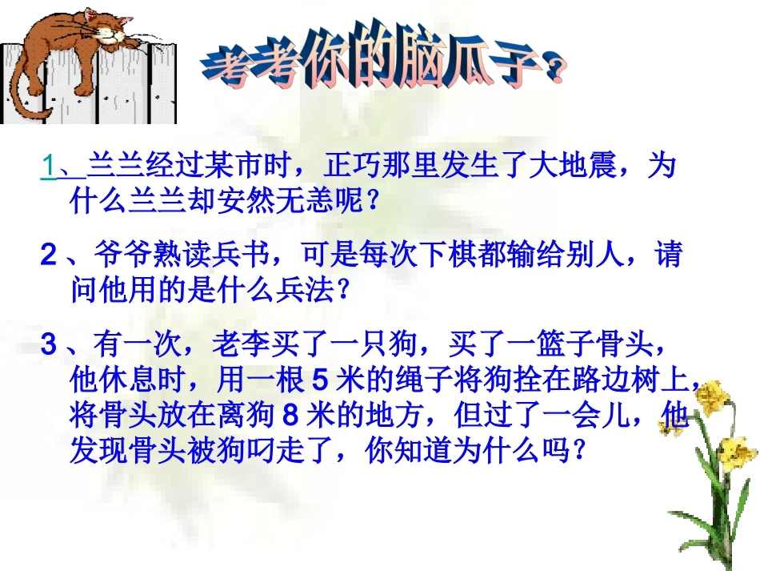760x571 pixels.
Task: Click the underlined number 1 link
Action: tap(50, 166)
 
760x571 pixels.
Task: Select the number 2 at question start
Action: tap(49, 256)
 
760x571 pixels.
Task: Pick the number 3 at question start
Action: tap(49, 346)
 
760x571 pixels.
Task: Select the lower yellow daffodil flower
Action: tap(729, 448)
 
